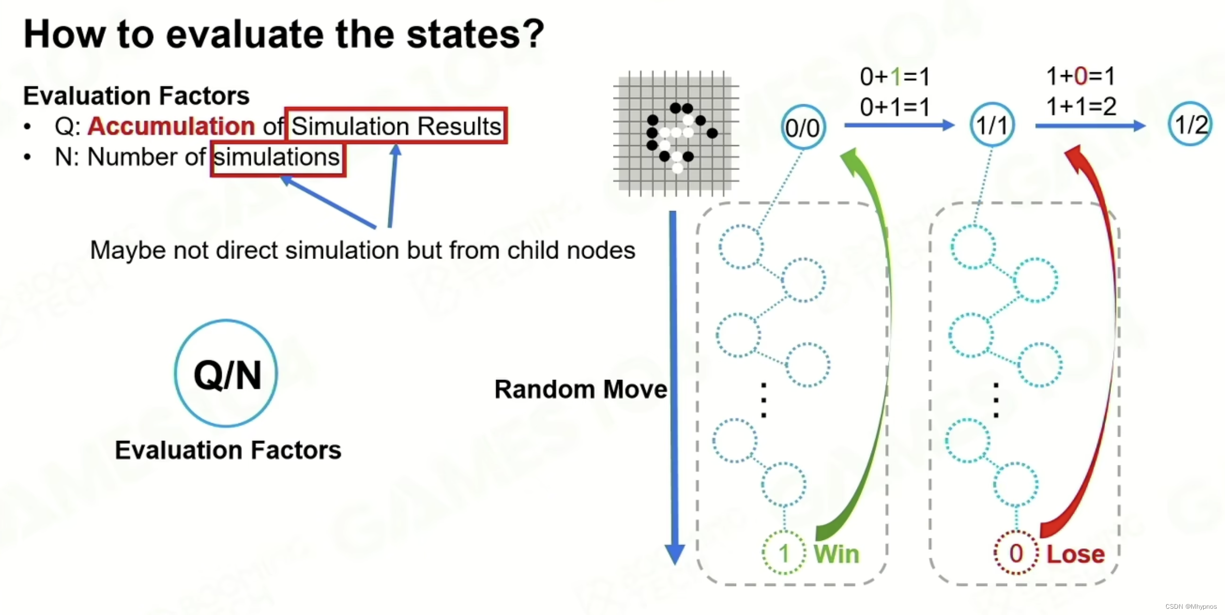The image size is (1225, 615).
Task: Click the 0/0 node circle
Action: [x=803, y=127]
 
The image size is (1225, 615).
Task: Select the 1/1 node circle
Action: [x=992, y=125]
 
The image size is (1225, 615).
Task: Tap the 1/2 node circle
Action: [x=1190, y=124]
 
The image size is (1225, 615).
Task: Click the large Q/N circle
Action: [x=226, y=374]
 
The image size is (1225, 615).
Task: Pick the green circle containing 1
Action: [x=783, y=552]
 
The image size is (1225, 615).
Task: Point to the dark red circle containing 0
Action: [x=1015, y=552]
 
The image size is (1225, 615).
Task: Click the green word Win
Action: [x=836, y=554]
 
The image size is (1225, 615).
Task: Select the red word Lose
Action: [x=1075, y=554]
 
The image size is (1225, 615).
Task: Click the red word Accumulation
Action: [x=171, y=126]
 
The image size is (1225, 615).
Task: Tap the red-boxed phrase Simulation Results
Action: [x=396, y=126]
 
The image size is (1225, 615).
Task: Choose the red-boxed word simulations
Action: [x=277, y=157]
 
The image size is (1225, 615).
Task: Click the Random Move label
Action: [x=580, y=389]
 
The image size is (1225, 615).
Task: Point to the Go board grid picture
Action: [x=676, y=133]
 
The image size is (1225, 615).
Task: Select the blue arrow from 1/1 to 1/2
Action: [x=1089, y=126]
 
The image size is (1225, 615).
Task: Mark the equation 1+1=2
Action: [x=1081, y=106]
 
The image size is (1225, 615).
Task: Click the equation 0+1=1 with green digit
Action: [x=895, y=77]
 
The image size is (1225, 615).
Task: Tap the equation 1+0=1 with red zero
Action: [x=1081, y=76]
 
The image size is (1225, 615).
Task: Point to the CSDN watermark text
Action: [x=1191, y=607]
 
